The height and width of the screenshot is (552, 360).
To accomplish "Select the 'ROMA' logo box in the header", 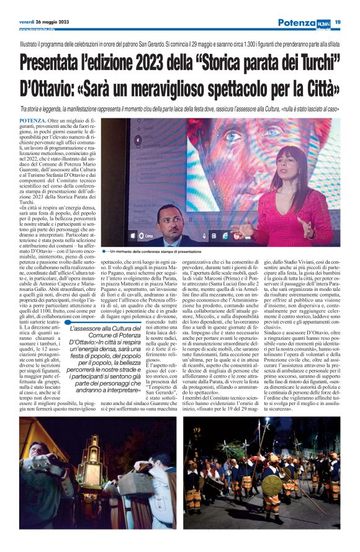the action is coord(324,22).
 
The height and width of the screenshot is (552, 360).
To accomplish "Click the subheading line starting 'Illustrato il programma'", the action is coord(180,46).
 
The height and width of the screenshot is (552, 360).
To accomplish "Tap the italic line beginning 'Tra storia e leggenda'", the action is coord(180,109).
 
